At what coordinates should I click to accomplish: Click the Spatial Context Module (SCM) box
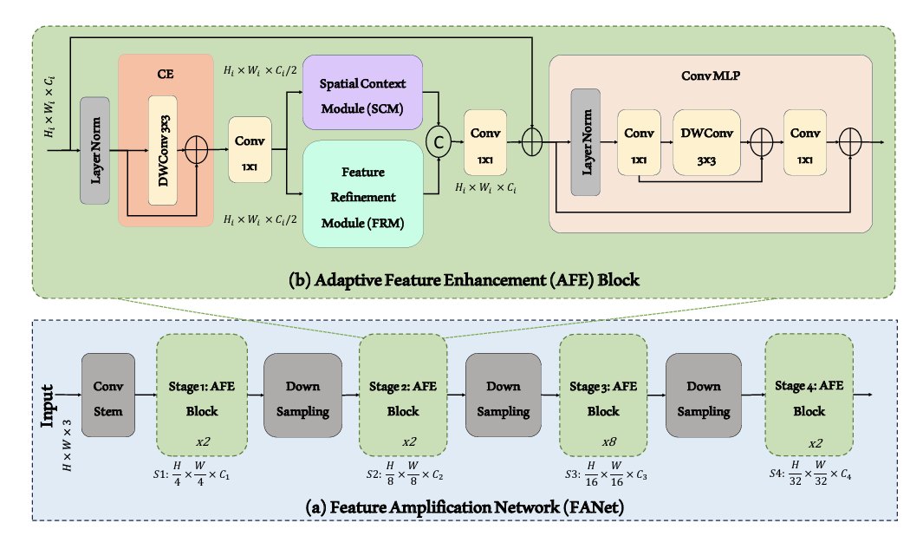pos(362,93)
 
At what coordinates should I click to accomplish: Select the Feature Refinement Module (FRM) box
pos(362,197)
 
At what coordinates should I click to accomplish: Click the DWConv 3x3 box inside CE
pos(163,149)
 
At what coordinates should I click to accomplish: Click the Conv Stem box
pos(108,398)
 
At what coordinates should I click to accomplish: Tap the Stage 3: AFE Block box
pos(603,398)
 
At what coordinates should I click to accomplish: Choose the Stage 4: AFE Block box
pos(809,398)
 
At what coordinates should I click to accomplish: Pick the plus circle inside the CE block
pos(198,150)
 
